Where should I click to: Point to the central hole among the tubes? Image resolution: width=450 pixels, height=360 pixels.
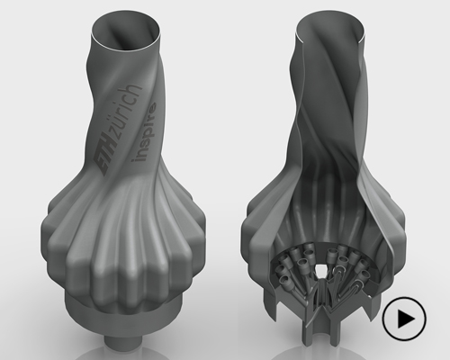tap(321, 268)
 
